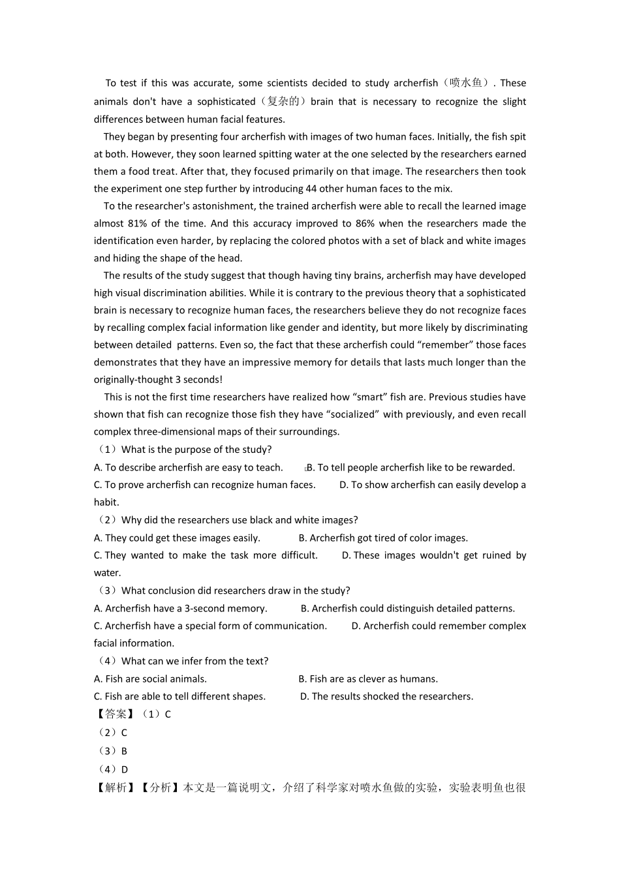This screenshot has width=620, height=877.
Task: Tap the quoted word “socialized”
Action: coord(353,414)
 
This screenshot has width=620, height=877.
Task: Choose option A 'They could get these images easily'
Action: coord(177,538)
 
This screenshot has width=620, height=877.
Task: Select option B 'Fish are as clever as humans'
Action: coord(368,679)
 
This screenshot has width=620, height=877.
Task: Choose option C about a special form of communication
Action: coord(210,626)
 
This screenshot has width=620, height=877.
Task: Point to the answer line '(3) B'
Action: coord(112,751)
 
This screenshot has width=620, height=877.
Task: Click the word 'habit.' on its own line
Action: coord(106,502)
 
